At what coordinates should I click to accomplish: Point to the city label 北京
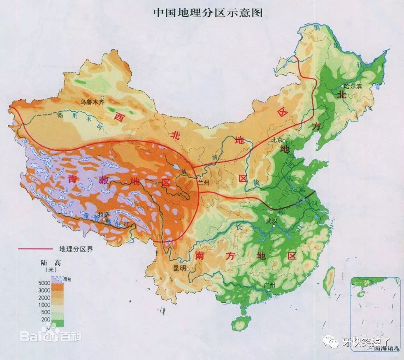click(276, 140)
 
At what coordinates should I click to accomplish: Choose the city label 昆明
click(179, 268)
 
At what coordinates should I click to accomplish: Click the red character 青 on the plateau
click(73, 179)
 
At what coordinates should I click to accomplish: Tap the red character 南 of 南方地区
click(200, 255)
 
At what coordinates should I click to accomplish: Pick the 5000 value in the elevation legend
click(44, 282)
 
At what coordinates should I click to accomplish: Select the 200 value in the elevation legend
click(46, 319)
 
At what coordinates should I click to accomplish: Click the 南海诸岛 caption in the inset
click(387, 348)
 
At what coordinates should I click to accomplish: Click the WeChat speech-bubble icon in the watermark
click(330, 341)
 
